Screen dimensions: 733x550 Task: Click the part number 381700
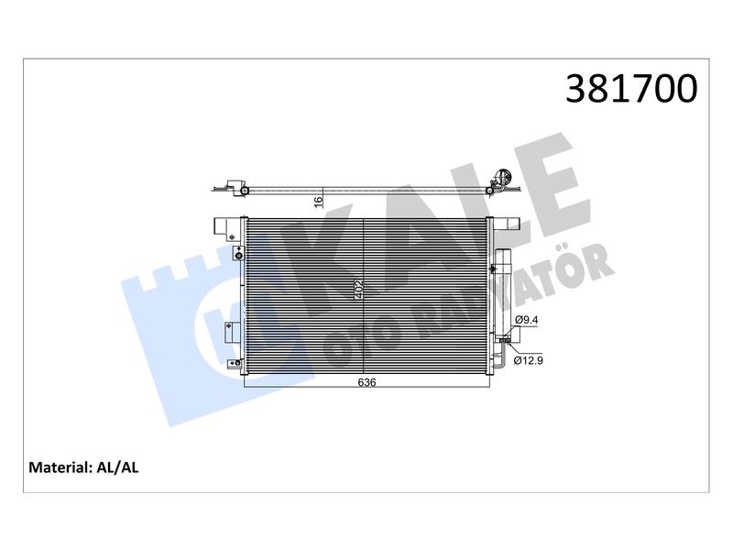(x=631, y=88)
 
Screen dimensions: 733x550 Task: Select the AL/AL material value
(x=117, y=467)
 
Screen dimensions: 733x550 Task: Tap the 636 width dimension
(x=366, y=382)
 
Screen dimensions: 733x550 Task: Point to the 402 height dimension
(x=359, y=290)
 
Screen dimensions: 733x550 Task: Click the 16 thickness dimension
(x=318, y=202)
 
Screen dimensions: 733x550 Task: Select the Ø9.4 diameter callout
(x=526, y=320)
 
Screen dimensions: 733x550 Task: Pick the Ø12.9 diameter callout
(x=529, y=360)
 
